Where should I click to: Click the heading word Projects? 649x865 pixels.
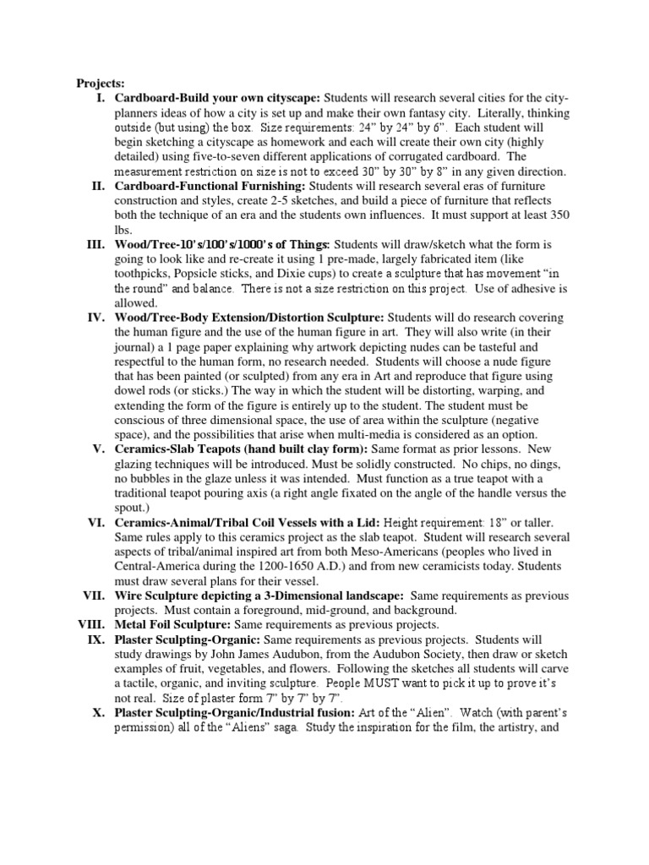101,83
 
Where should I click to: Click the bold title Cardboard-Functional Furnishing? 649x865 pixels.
210,185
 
